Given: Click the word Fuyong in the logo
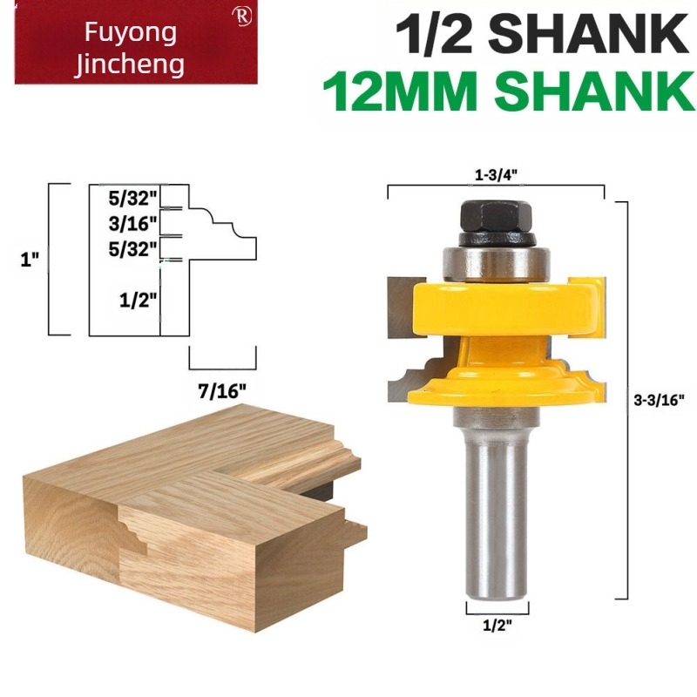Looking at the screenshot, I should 130,32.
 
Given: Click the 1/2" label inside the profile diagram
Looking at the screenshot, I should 138,300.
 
